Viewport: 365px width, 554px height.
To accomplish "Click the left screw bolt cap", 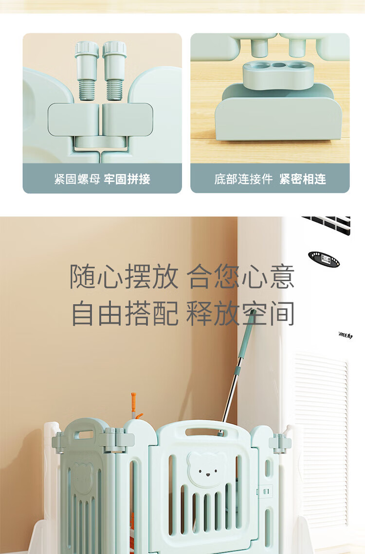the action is pyautogui.click(x=87, y=49).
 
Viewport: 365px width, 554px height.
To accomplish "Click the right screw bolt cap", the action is pyautogui.click(x=114, y=49).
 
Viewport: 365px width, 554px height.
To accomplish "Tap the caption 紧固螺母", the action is pyautogui.click(x=77, y=179).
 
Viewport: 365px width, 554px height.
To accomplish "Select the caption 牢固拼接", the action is pyautogui.click(x=127, y=179).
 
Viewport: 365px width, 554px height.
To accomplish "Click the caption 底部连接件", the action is pyautogui.click(x=243, y=179).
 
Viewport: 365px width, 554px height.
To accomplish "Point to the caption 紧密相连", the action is pyautogui.click(x=303, y=179).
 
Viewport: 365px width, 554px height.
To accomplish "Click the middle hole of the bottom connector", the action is pyautogui.click(x=279, y=66).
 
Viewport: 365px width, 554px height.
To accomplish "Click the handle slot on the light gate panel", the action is pyautogui.click(x=206, y=432).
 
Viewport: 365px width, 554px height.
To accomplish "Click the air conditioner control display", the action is pyautogui.click(x=324, y=259).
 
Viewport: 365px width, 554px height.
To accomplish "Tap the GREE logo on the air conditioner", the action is pyautogui.click(x=346, y=335).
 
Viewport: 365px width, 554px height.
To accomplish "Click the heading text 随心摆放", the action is pyautogui.click(x=124, y=276).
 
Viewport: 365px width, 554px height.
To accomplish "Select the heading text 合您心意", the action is pyautogui.click(x=240, y=276).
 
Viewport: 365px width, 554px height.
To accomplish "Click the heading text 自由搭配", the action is pyautogui.click(x=125, y=313).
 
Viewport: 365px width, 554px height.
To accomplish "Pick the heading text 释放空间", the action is pyautogui.click(x=240, y=313).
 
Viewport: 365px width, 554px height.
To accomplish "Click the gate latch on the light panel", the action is pyautogui.click(x=265, y=491).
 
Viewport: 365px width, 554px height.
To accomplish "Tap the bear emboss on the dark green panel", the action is pyautogui.click(x=82, y=478).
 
